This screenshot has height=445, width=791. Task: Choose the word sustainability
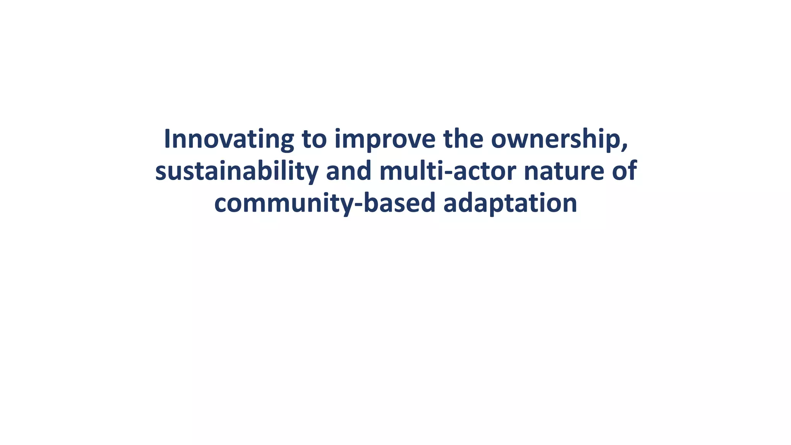pos(237,171)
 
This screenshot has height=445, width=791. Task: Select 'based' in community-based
pos(399,204)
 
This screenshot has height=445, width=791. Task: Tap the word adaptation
pos(510,204)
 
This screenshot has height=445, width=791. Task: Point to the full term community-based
pos(325,204)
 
